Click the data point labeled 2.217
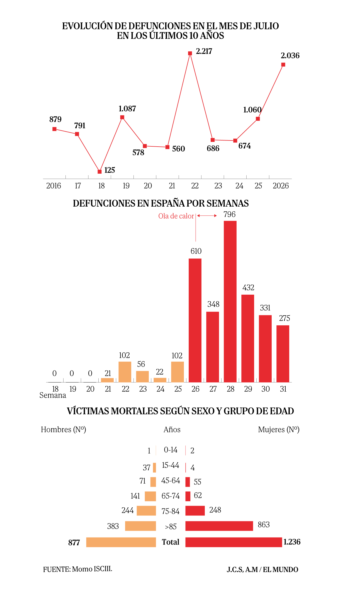190,53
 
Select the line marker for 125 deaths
100,172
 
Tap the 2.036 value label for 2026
290,55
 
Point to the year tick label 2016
53,186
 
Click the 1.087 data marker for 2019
122,117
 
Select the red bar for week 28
230,301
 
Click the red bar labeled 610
195,320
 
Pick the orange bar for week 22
125,372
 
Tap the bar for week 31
283,354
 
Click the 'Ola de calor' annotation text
176,216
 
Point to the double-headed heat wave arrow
207,215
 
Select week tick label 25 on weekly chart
178,389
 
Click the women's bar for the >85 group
219,526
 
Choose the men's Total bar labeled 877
121,542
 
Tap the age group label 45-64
171,481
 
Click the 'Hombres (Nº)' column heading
64,430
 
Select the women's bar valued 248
195,511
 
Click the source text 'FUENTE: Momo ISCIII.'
78,569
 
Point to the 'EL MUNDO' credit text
281,570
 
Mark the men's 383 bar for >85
140,526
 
